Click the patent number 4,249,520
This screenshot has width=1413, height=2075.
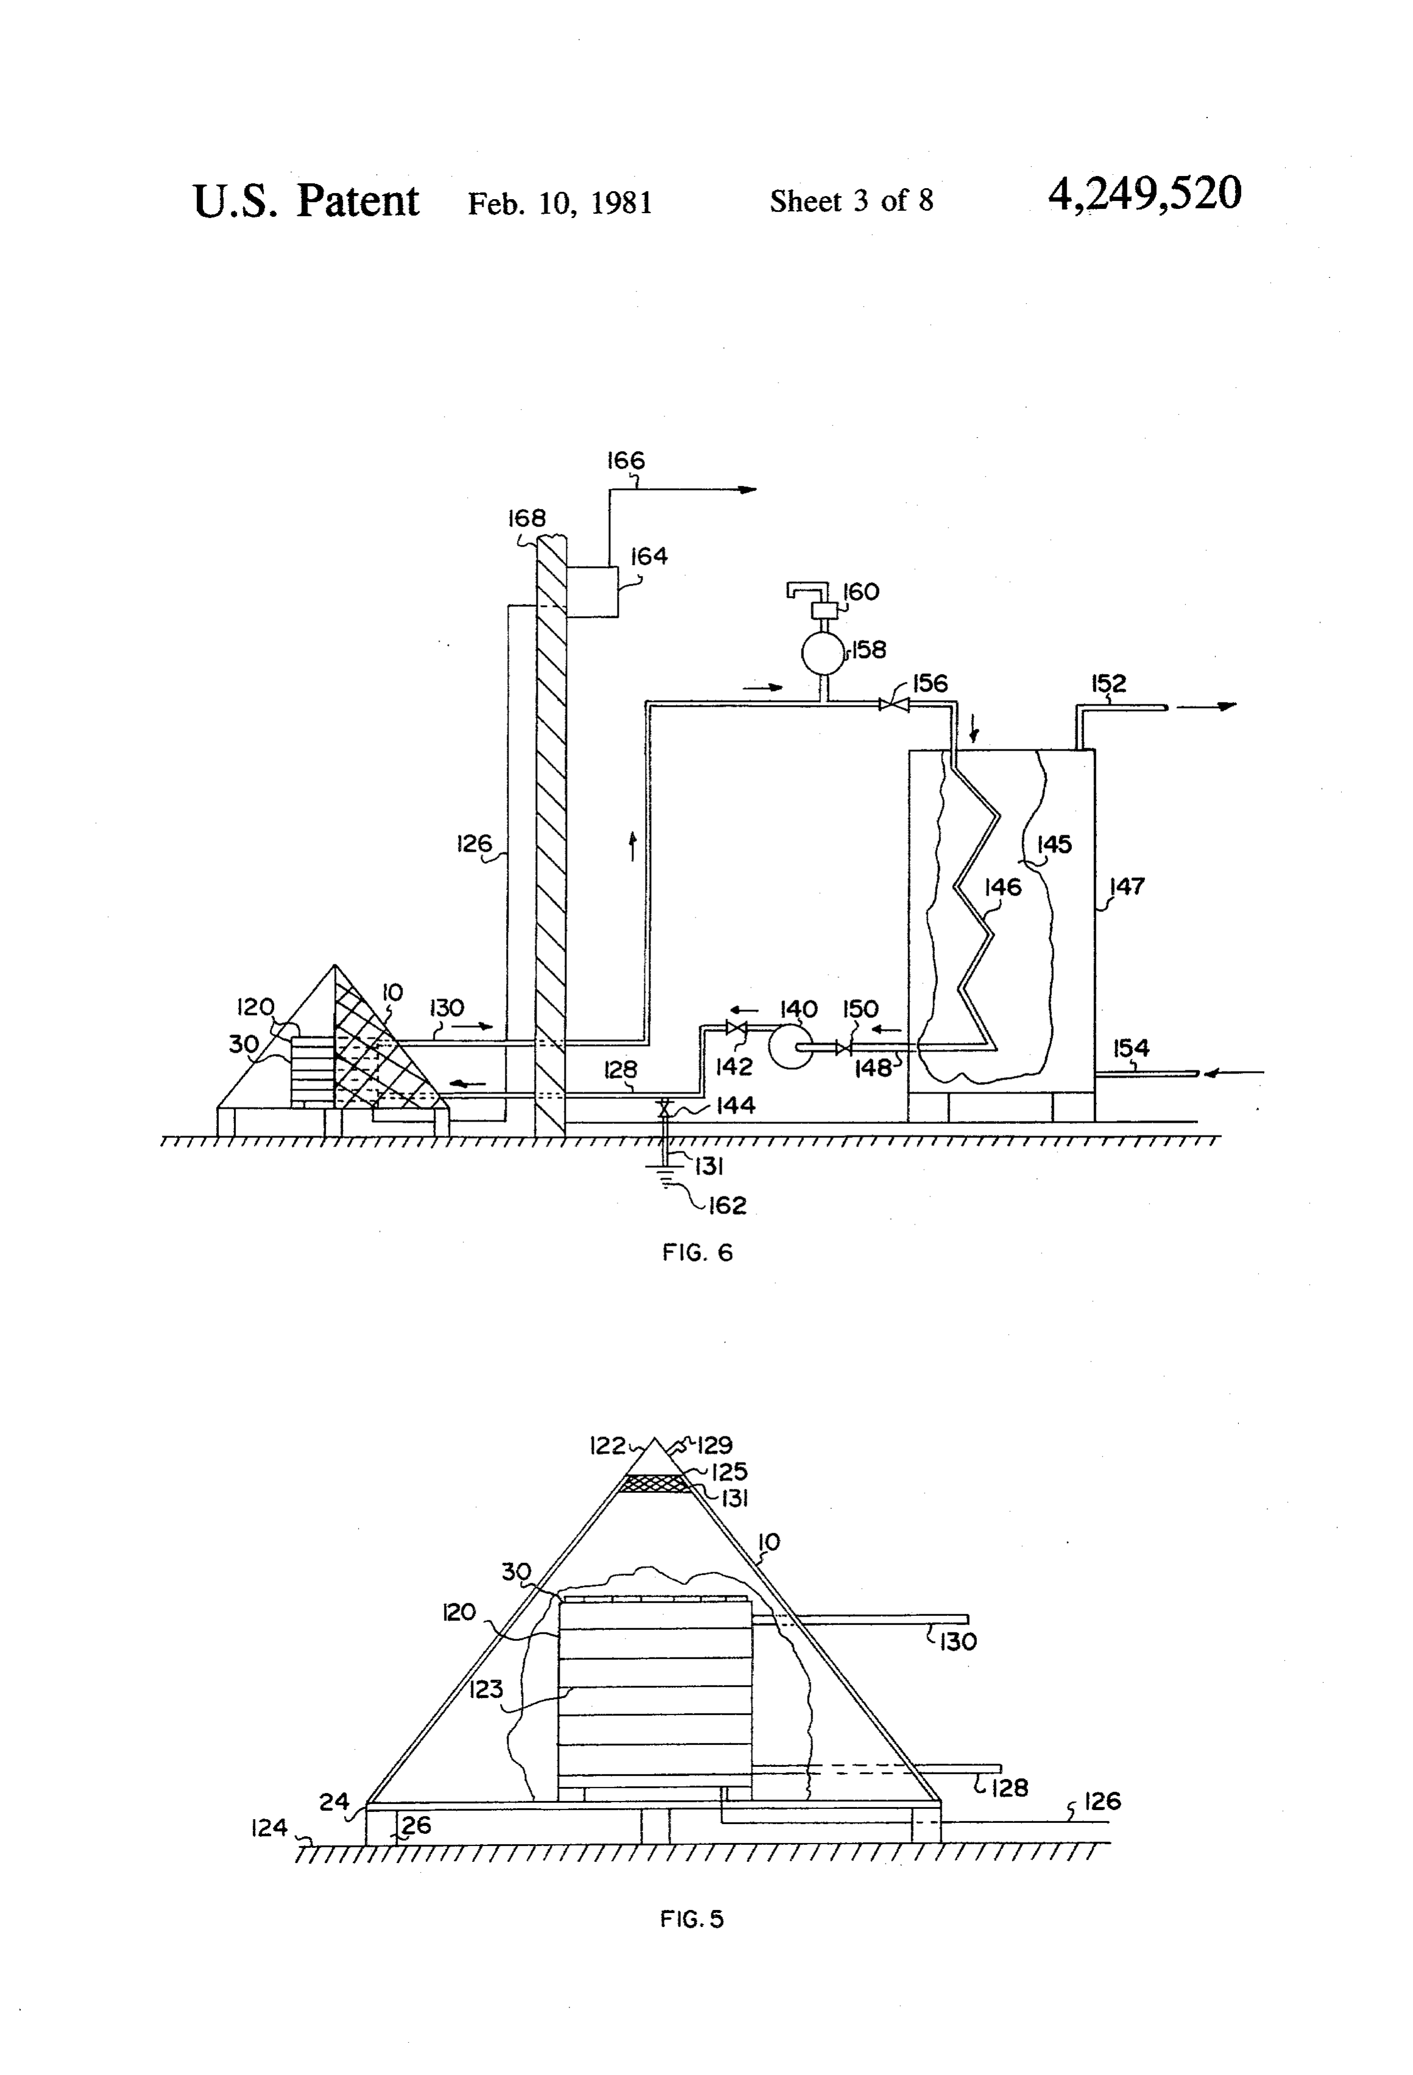(x=1144, y=195)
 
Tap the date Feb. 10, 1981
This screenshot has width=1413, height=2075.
(x=560, y=203)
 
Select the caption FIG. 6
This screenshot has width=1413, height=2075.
(x=697, y=1252)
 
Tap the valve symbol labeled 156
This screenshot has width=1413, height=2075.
(x=893, y=705)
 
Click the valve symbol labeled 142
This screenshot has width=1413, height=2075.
(x=737, y=1028)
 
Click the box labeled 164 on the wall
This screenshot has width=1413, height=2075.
(x=591, y=591)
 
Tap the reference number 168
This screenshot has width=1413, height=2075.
(x=526, y=518)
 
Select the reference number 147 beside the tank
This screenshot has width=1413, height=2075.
(x=1127, y=887)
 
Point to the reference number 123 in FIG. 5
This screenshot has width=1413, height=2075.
(x=485, y=1689)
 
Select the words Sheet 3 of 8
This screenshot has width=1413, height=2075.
(x=851, y=201)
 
